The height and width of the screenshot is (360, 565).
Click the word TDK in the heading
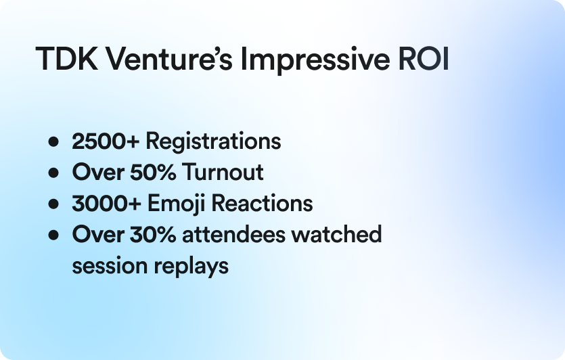(x=67, y=58)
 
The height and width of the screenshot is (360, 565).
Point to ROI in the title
(x=424, y=58)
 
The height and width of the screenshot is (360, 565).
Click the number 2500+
(x=106, y=141)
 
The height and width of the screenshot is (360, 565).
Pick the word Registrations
(x=213, y=142)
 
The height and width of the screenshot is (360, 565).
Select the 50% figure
(x=153, y=172)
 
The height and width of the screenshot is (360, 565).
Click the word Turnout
(x=223, y=172)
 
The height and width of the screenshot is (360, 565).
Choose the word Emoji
(x=176, y=204)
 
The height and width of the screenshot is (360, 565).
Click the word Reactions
(x=262, y=203)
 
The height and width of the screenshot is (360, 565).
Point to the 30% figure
(x=153, y=235)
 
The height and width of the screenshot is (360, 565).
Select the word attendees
(x=233, y=235)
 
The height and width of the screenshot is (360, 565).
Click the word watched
(x=336, y=235)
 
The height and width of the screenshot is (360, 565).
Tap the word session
(x=110, y=266)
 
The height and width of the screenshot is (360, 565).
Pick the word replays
(x=191, y=267)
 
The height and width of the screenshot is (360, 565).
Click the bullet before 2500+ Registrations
(x=53, y=141)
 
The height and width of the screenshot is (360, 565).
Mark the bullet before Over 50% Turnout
(x=53, y=173)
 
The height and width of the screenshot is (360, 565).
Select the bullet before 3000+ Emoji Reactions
(x=53, y=204)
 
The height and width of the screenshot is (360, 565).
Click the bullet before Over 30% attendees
(x=53, y=235)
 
